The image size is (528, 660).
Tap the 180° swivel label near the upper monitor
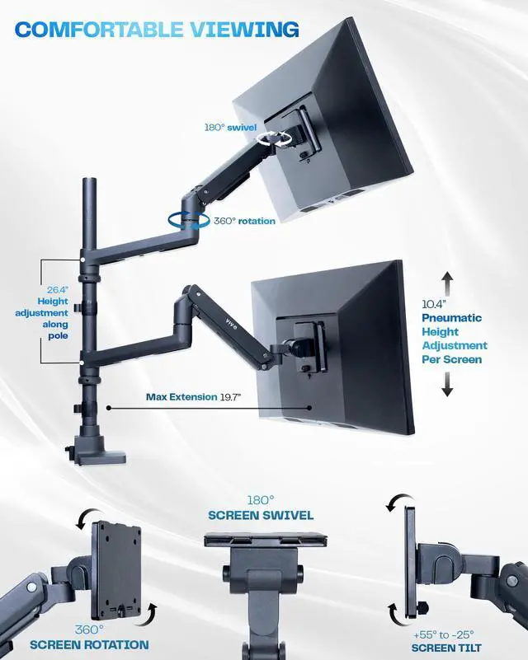pyautogui.click(x=230, y=128)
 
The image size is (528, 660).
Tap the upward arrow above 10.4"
pyautogui.click(x=447, y=283)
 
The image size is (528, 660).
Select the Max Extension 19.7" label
pyautogui.click(x=193, y=397)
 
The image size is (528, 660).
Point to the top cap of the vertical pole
pyautogui.click(x=88, y=180)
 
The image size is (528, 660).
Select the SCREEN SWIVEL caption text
pyautogui.click(x=261, y=515)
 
